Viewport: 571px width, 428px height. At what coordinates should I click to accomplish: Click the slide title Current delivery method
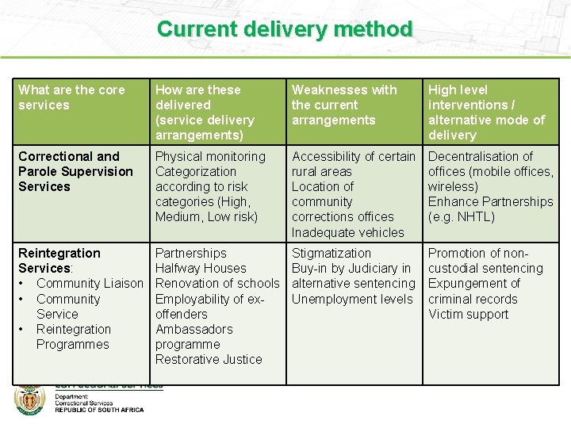point(285,29)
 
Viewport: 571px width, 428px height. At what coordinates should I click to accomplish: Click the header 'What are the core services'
point(71,97)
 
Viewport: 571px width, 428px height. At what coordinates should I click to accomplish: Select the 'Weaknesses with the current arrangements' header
point(344,105)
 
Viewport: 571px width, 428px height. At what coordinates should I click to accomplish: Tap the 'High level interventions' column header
point(486,112)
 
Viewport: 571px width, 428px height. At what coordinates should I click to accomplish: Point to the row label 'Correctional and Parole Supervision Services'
point(75,171)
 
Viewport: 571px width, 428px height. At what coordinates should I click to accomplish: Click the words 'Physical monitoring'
point(210,156)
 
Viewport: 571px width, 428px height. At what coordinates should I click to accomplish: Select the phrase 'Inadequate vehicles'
point(347,232)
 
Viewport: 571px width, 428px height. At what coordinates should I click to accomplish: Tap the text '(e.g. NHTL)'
point(461,216)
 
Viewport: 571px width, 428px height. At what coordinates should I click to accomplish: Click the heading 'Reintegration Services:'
point(59,260)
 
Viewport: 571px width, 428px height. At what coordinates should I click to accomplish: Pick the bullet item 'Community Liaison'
point(90,283)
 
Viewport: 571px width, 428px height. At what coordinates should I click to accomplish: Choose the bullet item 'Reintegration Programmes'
point(73,337)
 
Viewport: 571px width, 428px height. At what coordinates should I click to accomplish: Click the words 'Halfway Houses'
point(201,268)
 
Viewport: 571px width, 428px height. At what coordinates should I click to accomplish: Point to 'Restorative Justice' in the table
point(209,359)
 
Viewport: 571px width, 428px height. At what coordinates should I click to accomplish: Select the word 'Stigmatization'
point(331,253)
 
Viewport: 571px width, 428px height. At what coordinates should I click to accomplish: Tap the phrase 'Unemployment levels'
point(352,299)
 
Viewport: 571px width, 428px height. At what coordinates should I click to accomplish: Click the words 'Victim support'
point(468,314)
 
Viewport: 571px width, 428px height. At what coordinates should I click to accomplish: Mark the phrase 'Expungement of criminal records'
point(474,291)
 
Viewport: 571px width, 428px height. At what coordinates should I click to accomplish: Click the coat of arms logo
point(29,399)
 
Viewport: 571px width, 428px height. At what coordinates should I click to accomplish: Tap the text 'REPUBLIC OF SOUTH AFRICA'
point(99,410)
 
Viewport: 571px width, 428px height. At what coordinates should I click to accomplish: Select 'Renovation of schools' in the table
point(217,283)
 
